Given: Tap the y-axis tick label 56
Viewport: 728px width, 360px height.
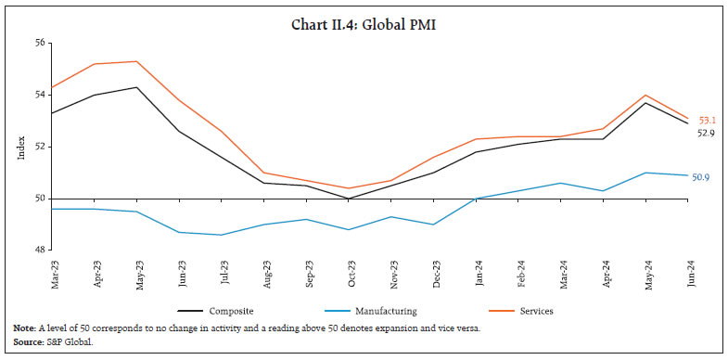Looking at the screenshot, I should [40, 43].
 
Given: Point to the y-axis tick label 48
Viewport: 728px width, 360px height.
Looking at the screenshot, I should [40, 251].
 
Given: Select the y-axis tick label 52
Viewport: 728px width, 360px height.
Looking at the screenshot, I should [40, 147].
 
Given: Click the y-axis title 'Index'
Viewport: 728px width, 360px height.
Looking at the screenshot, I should [21, 147].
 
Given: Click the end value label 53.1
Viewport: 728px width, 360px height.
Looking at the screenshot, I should [707, 121].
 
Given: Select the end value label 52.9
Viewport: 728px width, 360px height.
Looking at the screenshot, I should [707, 134].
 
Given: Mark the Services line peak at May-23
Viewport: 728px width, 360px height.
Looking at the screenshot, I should [138, 61].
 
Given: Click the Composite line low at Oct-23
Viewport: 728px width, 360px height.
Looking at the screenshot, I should [348, 199].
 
